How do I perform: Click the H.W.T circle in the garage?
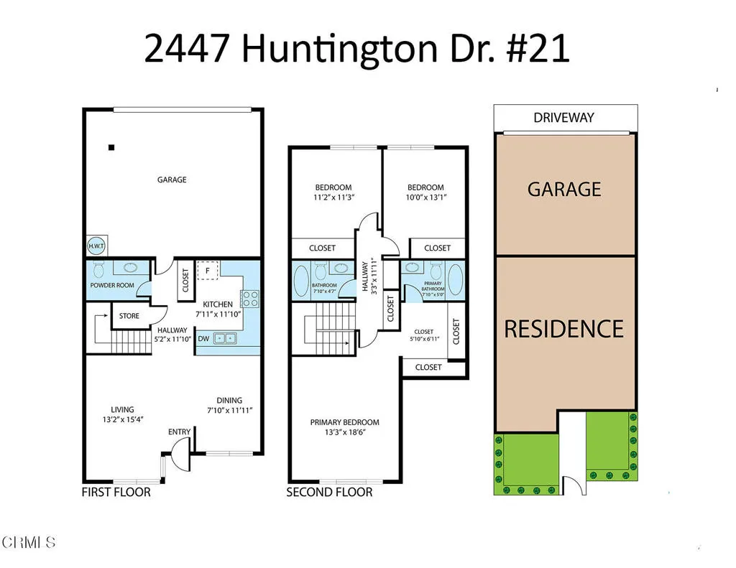point(96,245)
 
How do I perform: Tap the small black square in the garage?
point(111,148)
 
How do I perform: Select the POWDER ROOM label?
point(112,285)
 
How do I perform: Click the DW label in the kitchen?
point(203,338)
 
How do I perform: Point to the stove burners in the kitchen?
point(250,298)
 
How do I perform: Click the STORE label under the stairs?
point(129,315)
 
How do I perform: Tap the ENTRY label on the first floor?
point(180,432)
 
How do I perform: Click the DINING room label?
point(230,401)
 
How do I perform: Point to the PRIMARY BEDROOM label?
point(345,422)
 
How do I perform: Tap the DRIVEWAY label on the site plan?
point(564,118)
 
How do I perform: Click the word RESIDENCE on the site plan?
point(564,329)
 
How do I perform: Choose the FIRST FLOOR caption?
point(116,492)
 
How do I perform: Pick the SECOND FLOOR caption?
point(330,492)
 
